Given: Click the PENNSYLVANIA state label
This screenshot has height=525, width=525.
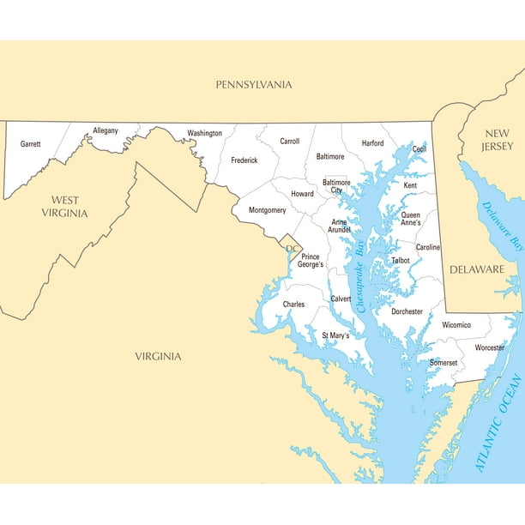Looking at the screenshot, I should [253, 84].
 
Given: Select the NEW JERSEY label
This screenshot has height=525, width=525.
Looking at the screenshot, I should [497, 139].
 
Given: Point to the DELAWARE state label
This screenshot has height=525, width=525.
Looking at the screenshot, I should [477, 269].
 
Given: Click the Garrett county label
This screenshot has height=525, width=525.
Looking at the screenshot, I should [31, 144].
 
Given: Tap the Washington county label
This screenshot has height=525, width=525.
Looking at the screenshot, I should [204, 133].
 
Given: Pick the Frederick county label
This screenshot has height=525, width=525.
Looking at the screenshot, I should [244, 160].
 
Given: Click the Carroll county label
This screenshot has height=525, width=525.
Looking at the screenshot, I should [289, 141].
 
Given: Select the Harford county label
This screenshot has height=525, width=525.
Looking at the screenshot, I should [372, 143].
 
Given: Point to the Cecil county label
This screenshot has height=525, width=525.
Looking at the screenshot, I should [419, 148].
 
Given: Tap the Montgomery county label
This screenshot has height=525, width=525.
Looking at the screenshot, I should [267, 210].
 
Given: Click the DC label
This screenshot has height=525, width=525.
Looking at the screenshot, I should [292, 249].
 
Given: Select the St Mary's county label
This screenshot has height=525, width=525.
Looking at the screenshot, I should [335, 335].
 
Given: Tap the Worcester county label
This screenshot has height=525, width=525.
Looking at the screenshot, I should [490, 347].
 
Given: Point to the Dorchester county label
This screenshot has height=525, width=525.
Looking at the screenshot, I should [407, 311].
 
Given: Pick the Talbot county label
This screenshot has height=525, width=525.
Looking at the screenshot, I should [401, 259].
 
